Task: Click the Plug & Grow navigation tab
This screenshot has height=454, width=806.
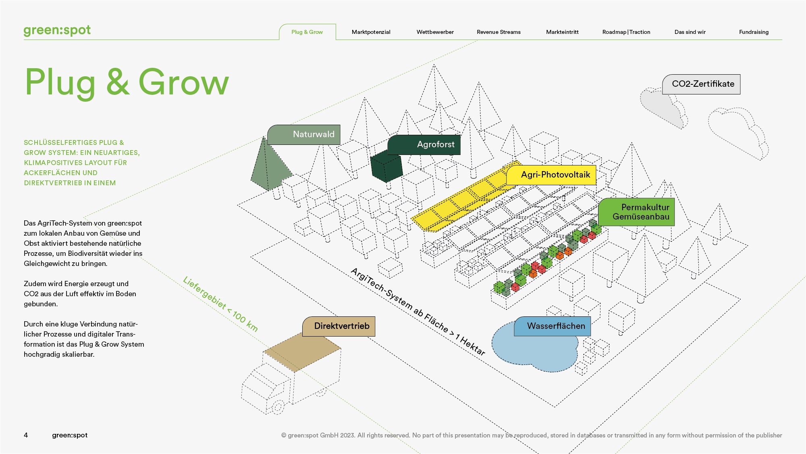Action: pos(307,32)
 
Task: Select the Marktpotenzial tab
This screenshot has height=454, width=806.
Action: pos(371,32)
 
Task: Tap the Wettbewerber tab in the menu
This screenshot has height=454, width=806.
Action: pos(435,32)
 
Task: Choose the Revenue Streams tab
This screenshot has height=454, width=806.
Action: pos(499,32)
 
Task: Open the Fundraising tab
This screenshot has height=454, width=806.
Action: pos(754,32)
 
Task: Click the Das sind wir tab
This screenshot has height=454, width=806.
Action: pos(690,32)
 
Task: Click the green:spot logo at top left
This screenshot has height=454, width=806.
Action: pos(57,30)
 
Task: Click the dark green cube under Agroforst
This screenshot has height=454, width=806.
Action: pos(386,167)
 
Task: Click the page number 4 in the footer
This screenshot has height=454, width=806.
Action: pos(26,435)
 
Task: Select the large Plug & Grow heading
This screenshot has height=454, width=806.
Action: pos(127,82)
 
